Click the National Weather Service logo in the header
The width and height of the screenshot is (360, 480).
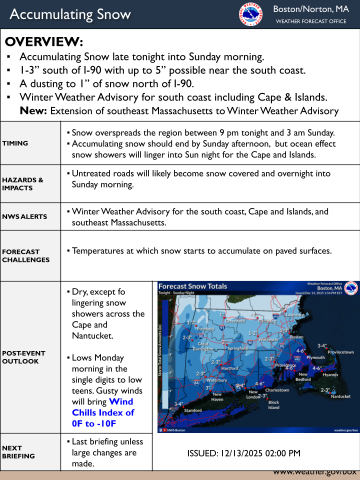coord(250,14)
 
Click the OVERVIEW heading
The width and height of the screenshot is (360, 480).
coord(44,41)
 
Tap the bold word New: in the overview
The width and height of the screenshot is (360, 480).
coord(33,110)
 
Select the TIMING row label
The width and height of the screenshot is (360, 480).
coord(15,143)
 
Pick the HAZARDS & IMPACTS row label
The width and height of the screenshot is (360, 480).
coord(22,184)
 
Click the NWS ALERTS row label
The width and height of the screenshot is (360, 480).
coord(24,216)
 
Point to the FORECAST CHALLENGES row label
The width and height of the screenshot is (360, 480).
coord(26,255)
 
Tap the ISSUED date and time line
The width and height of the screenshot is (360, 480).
coord(243,453)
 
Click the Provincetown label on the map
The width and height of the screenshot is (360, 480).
coord(340,352)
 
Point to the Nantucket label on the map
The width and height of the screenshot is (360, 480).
coord(341,396)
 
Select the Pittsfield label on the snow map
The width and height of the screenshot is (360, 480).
coord(205,329)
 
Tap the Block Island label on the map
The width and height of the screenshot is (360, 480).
coord(274,404)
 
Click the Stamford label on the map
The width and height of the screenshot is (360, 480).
coord(193,410)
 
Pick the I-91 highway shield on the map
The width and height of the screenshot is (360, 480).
coord(222,327)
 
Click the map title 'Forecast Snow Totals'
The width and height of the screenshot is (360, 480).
coord(192,286)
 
